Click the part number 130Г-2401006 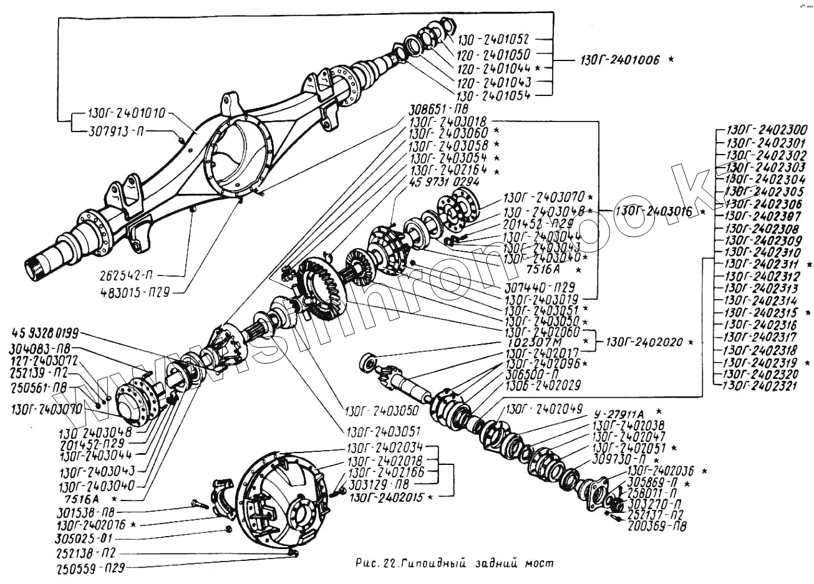pyautogui.click(x=619, y=60)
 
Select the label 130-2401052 pyautogui.click(x=494, y=39)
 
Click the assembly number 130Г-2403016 pyautogui.click(x=653, y=211)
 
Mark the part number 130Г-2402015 pyautogui.click(x=386, y=497)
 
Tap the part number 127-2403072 pyautogui.click(x=47, y=360)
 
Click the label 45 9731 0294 pyautogui.click(x=443, y=182)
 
